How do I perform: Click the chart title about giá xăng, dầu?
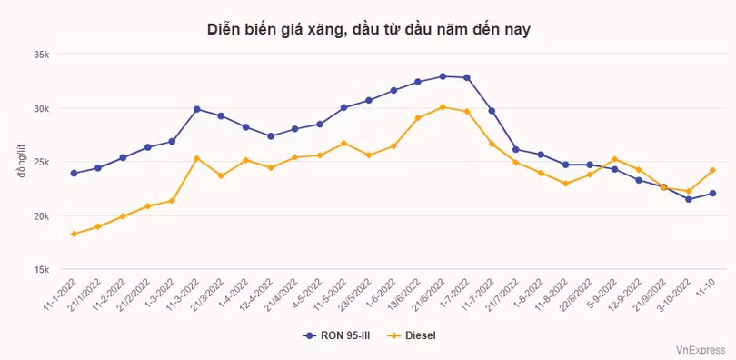pos(368,29)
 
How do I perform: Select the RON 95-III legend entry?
pos(337,335)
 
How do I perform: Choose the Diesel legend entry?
pos(413,335)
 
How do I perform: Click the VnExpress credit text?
pos(701,348)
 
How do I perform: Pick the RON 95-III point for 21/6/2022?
pos(443,76)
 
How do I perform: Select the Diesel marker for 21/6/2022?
pos(443,107)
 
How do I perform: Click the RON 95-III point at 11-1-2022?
pos(74,173)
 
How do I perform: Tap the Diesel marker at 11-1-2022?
pos(74,234)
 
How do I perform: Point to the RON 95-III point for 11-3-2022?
pos(196,109)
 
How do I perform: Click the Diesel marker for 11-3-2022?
pos(196,158)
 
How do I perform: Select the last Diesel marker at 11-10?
pos(712,170)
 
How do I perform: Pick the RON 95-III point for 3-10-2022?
pos(688,199)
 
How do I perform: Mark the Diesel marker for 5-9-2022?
pos(614,159)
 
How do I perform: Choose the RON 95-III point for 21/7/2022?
pos(516,149)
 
